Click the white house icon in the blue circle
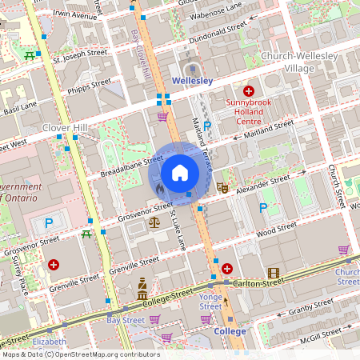180,172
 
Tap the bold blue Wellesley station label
191,82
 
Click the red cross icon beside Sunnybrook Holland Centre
249,92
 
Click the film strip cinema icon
274,274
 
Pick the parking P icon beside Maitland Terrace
207,126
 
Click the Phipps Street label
90,84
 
